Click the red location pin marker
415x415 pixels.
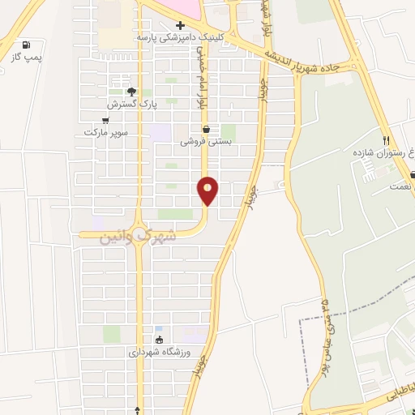pyautogui.click(x=208, y=190)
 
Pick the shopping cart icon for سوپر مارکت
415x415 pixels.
pyautogui.click(x=105, y=120)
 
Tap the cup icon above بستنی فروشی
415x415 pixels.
pyautogui.click(x=206, y=128)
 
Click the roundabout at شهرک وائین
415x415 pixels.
pyautogui.click(x=139, y=232)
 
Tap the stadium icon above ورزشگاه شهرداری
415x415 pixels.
pyautogui.click(x=159, y=340)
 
